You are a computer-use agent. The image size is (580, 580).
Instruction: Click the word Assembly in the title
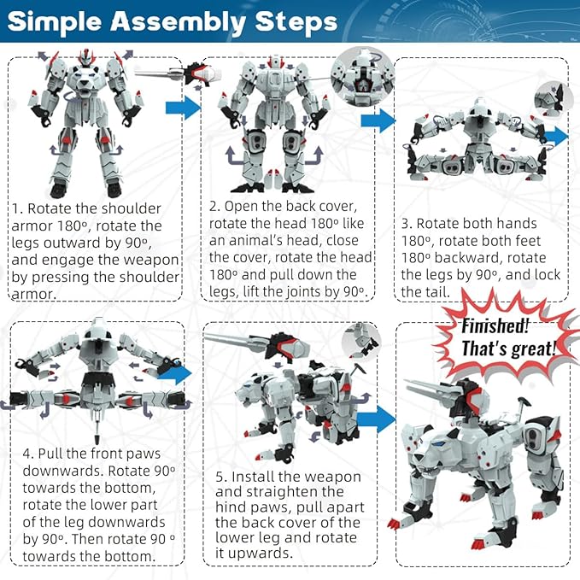[x=178, y=22]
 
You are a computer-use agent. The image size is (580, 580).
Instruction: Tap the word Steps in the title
[x=296, y=22]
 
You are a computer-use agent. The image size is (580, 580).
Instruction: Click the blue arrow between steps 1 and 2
[x=183, y=108]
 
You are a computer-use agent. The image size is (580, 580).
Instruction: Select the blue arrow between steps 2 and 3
[x=378, y=121]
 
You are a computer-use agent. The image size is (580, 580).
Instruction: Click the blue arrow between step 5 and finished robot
[x=376, y=419]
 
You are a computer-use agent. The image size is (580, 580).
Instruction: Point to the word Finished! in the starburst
[x=495, y=325]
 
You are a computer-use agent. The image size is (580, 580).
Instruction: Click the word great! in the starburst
[x=533, y=349]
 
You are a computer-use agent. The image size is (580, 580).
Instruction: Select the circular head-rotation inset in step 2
[x=362, y=77]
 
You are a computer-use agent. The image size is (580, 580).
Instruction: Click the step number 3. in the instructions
[x=407, y=224]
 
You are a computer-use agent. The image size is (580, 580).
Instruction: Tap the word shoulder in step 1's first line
[x=132, y=208]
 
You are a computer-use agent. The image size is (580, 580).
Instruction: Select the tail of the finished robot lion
[x=522, y=407]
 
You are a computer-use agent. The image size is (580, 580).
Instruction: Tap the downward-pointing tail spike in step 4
[x=97, y=425]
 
